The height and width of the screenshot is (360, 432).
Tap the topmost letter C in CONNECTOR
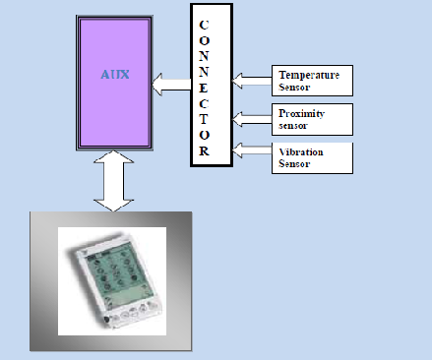[204, 24]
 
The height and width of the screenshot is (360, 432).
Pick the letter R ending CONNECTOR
[204, 151]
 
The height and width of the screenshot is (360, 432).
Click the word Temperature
[308, 75]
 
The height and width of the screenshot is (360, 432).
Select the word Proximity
[301, 113]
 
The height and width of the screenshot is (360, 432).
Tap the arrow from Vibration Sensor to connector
[251, 150]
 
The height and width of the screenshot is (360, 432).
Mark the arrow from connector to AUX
[171, 89]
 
